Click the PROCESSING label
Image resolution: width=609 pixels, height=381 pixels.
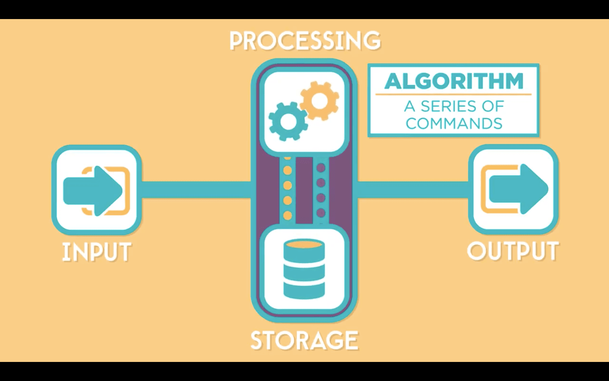pyautogui.click(x=305, y=41)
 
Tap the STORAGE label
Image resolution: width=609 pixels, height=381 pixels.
pyautogui.click(x=304, y=341)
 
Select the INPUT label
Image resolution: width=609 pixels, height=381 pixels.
pyautogui.click(x=97, y=252)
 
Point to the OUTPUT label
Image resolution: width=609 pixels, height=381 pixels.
pyautogui.click(x=513, y=251)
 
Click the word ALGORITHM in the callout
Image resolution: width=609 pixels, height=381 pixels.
pyautogui.click(x=454, y=81)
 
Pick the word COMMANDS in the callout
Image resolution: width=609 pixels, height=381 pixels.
pyautogui.click(x=454, y=124)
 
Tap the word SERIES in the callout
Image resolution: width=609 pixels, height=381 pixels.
pyautogui.click(x=449, y=106)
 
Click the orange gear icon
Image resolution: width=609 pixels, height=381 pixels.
pyautogui.click(x=320, y=101)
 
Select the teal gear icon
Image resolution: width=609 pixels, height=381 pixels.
pyautogui.click(x=288, y=121)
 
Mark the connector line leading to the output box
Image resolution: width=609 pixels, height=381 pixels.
pyautogui.click(x=413, y=190)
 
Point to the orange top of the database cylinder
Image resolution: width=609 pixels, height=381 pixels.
pyautogui.click(x=304, y=245)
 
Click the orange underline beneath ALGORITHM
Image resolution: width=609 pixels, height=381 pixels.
pyautogui.click(x=453, y=94)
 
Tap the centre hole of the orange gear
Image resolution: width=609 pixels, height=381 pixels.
pyautogui.click(x=320, y=101)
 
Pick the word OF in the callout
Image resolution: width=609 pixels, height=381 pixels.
pyautogui.click(x=493, y=106)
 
